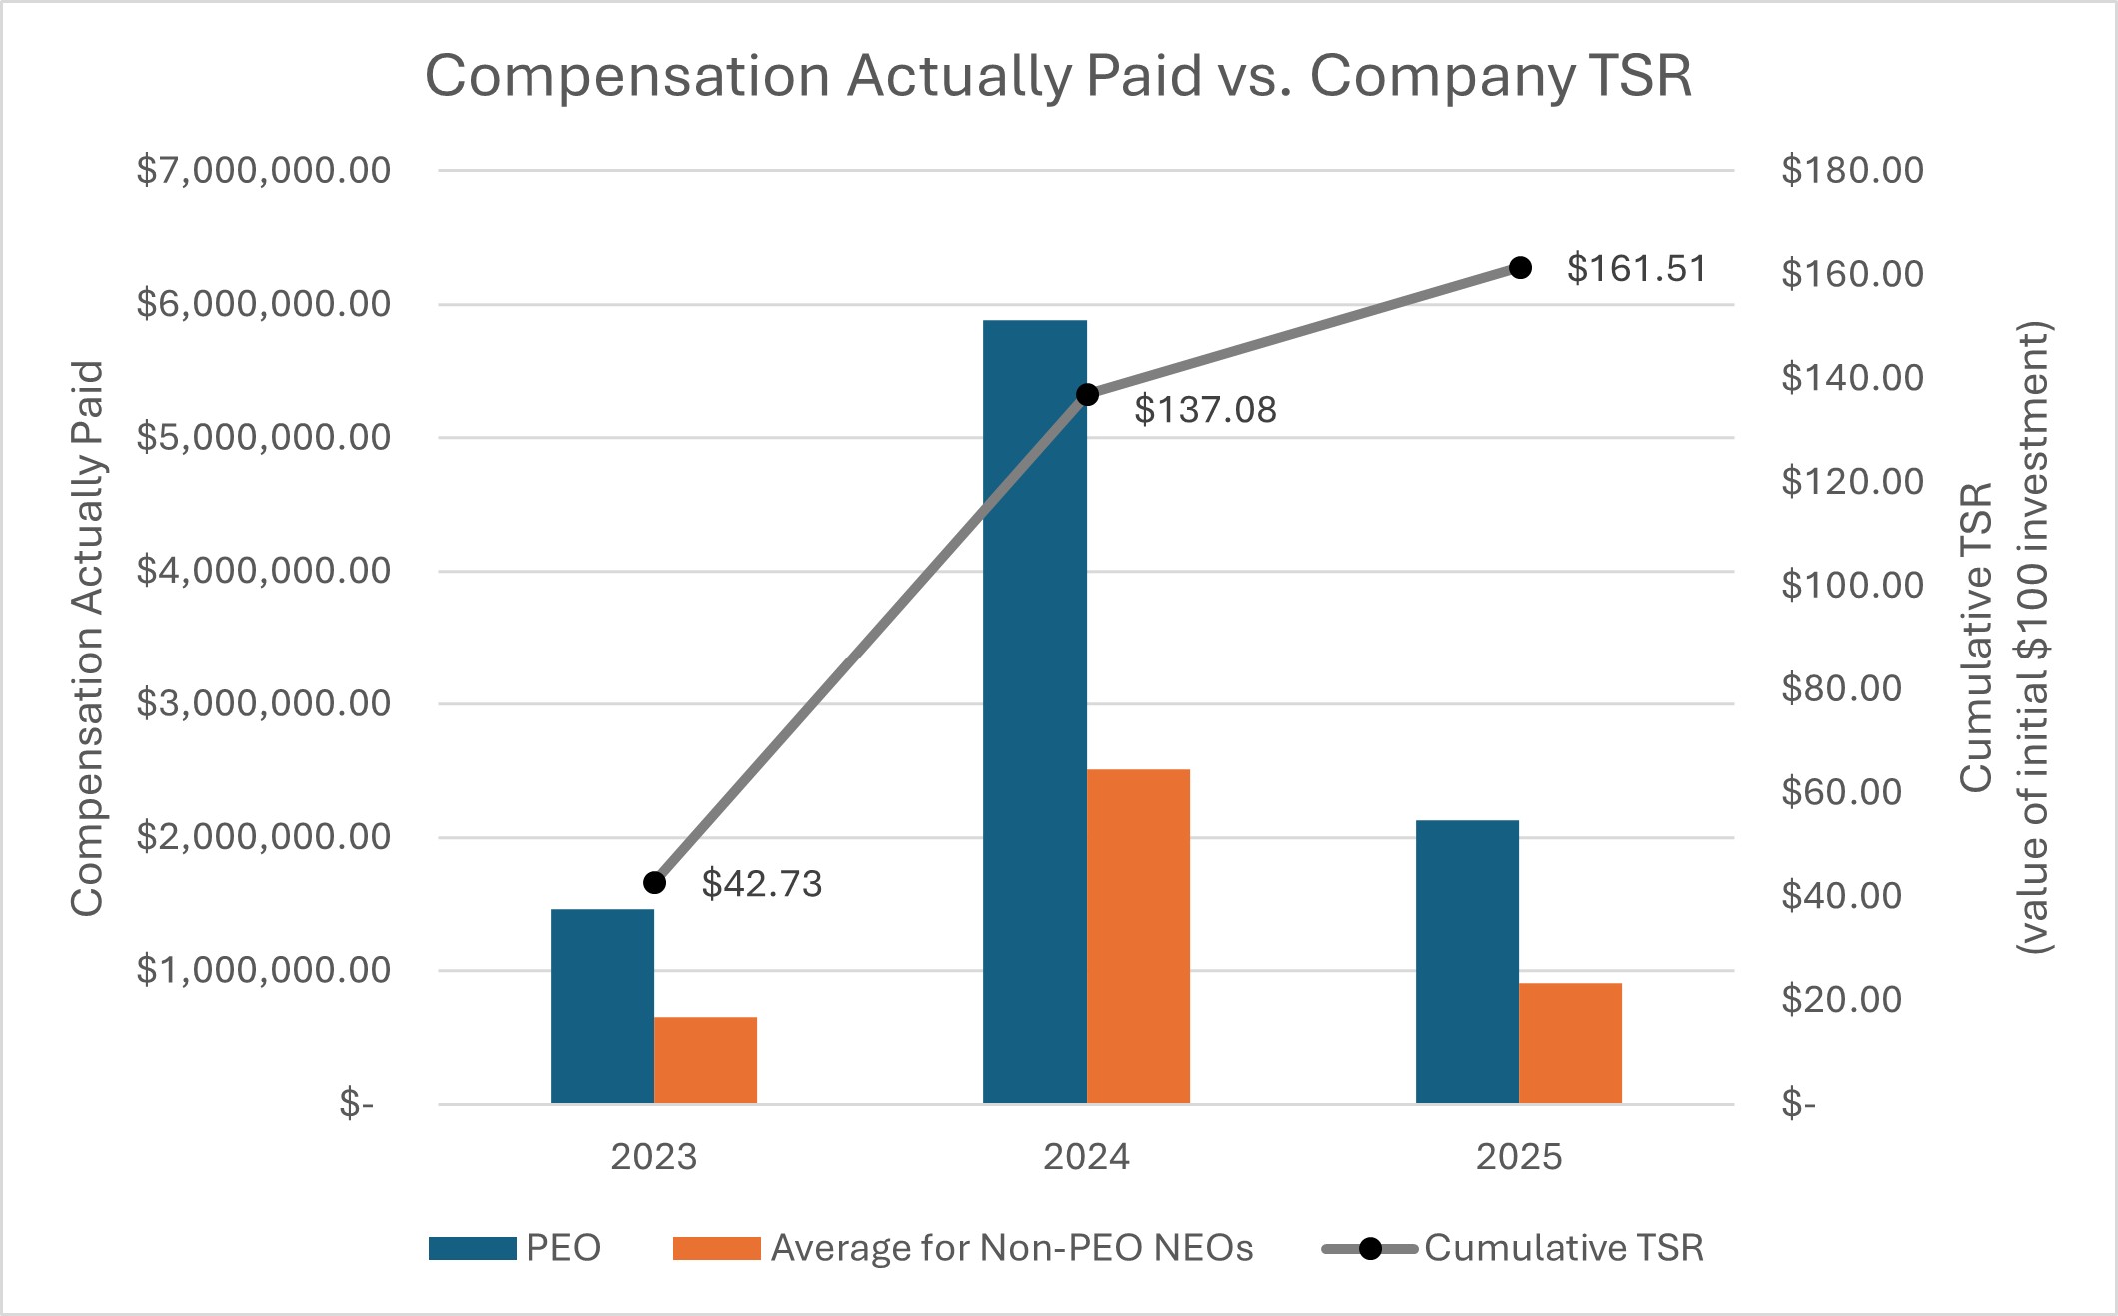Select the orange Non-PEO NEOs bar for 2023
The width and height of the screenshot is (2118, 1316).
(705, 1060)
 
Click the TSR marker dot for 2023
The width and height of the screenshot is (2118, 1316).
(655, 883)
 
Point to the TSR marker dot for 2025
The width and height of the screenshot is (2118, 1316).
(1520, 268)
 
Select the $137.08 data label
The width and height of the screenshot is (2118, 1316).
(1205, 410)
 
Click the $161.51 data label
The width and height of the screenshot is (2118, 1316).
(1636, 268)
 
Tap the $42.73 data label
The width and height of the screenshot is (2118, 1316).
(762, 884)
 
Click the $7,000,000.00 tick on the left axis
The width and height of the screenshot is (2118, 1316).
(264, 170)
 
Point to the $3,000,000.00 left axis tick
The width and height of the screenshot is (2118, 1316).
(264, 703)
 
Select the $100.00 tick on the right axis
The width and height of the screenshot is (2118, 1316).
(1852, 585)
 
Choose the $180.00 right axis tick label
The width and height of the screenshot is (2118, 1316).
(1852, 170)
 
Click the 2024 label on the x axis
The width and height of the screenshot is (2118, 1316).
(1086, 1157)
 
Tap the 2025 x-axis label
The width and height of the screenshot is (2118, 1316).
(1519, 1157)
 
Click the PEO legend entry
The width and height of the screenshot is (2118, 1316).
(563, 1248)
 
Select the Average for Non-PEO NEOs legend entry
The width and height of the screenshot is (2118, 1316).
(1011, 1248)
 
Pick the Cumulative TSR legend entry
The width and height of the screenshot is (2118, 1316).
(1564, 1248)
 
